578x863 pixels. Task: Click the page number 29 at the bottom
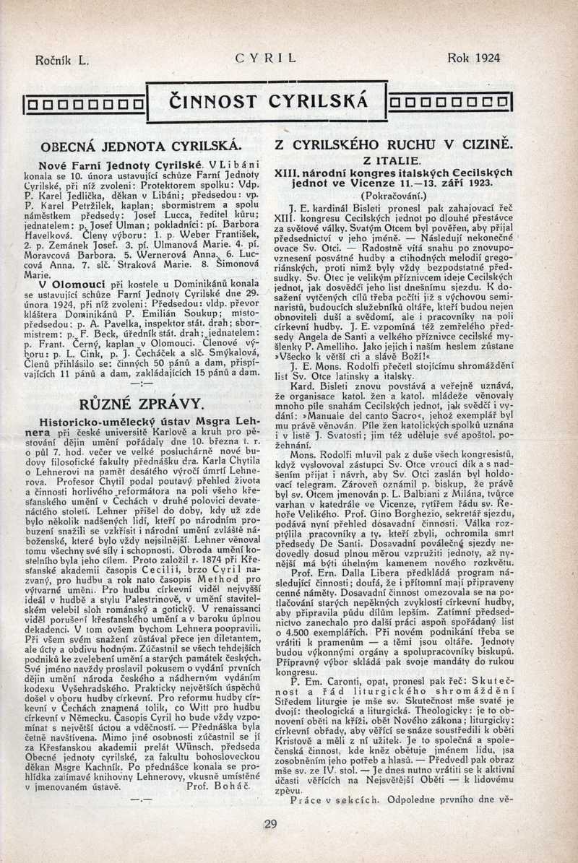271,825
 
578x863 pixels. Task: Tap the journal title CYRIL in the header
267,58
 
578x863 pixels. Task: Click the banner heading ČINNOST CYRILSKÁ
267,100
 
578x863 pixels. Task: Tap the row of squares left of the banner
84,102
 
